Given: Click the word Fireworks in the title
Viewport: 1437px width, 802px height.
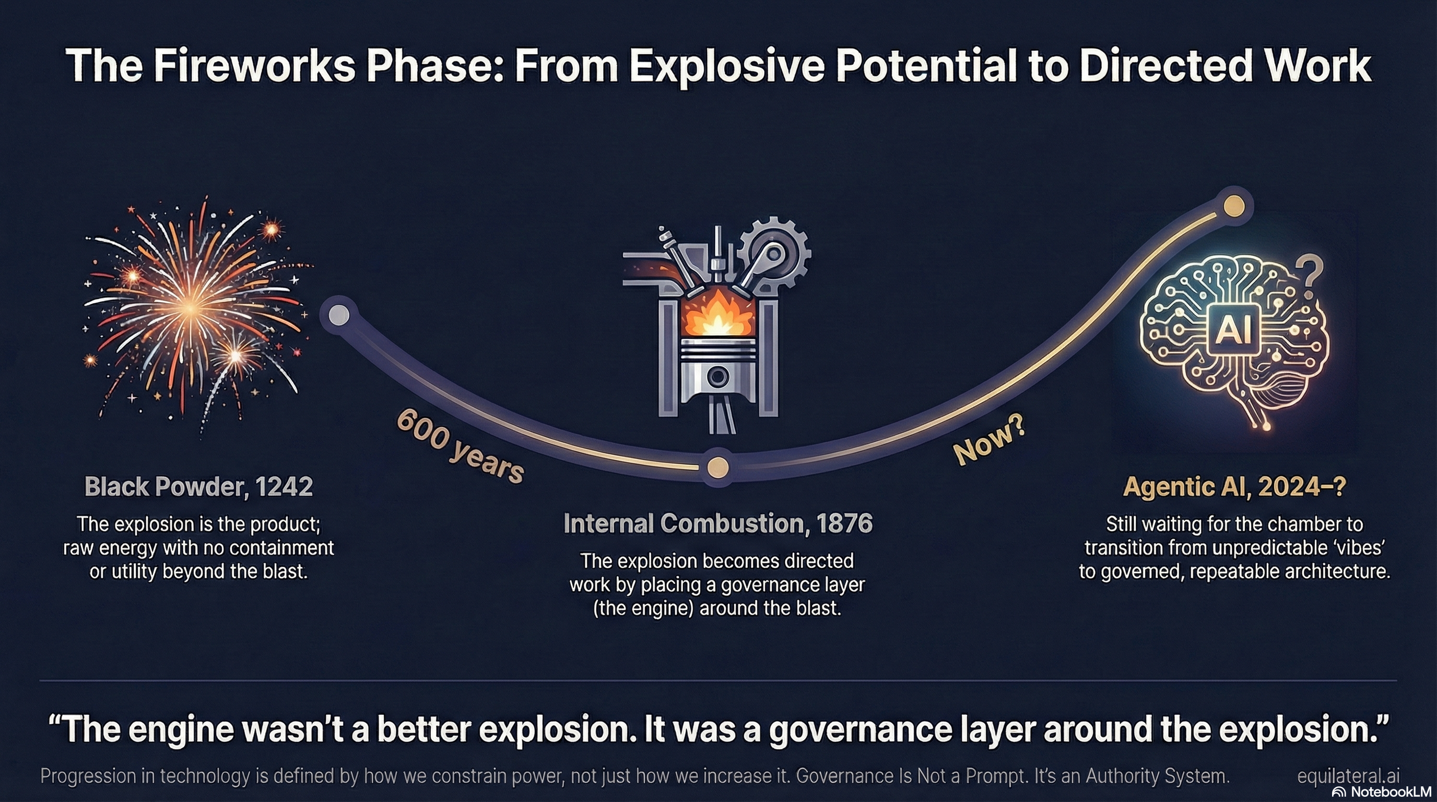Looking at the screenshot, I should tap(254, 66).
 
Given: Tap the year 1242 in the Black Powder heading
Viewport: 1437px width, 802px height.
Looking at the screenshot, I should tap(284, 487).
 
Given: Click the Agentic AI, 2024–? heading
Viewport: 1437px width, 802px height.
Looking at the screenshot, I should tap(1234, 487).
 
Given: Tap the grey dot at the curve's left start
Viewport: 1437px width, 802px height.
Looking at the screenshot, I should tap(338, 315).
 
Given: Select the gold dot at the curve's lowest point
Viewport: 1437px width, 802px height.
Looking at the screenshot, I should tap(717, 467).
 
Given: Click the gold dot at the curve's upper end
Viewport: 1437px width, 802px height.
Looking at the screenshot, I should tap(1233, 206).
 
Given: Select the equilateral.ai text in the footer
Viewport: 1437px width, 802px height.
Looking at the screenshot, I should tap(1348, 776).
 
